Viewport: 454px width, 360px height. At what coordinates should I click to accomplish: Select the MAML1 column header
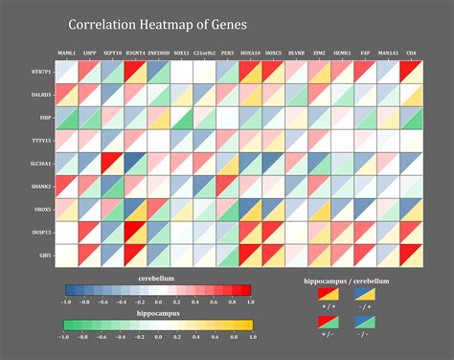[66, 55]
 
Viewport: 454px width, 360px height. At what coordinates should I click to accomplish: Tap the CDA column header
[411, 55]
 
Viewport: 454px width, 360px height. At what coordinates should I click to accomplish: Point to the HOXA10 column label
[250, 55]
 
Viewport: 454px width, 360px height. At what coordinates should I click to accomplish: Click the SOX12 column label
[181, 55]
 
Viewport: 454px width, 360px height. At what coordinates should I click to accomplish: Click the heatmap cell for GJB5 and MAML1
[66, 256]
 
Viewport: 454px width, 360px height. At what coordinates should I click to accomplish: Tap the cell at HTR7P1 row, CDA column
[411, 72]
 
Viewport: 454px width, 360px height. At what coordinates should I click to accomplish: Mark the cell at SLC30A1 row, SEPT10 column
[112, 164]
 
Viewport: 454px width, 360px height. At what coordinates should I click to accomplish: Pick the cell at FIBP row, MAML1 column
[66, 118]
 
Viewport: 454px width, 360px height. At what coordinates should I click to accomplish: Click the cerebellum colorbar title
[157, 279]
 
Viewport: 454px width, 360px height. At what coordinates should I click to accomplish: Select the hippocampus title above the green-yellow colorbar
[157, 313]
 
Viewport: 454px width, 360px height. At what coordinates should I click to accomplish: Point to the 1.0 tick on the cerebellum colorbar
[251, 301]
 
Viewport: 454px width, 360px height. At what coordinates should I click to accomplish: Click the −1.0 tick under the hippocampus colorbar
[65, 336]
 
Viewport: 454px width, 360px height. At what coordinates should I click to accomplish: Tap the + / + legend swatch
[328, 295]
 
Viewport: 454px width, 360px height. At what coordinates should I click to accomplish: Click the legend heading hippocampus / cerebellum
[347, 281]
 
